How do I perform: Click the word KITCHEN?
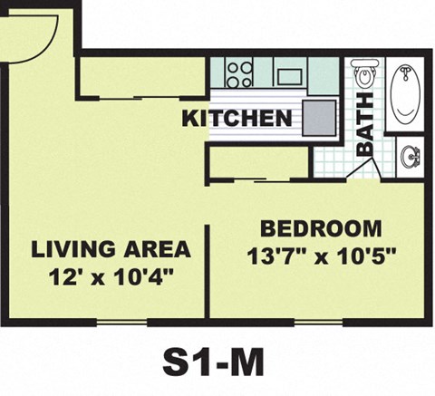(237, 118)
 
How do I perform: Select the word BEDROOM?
(320, 228)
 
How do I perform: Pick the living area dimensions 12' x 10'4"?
(111, 275)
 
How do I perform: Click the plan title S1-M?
(214, 362)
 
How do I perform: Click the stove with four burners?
(239, 72)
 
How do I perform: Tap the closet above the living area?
(140, 76)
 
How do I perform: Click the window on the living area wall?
(121, 321)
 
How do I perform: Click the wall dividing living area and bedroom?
(208, 272)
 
